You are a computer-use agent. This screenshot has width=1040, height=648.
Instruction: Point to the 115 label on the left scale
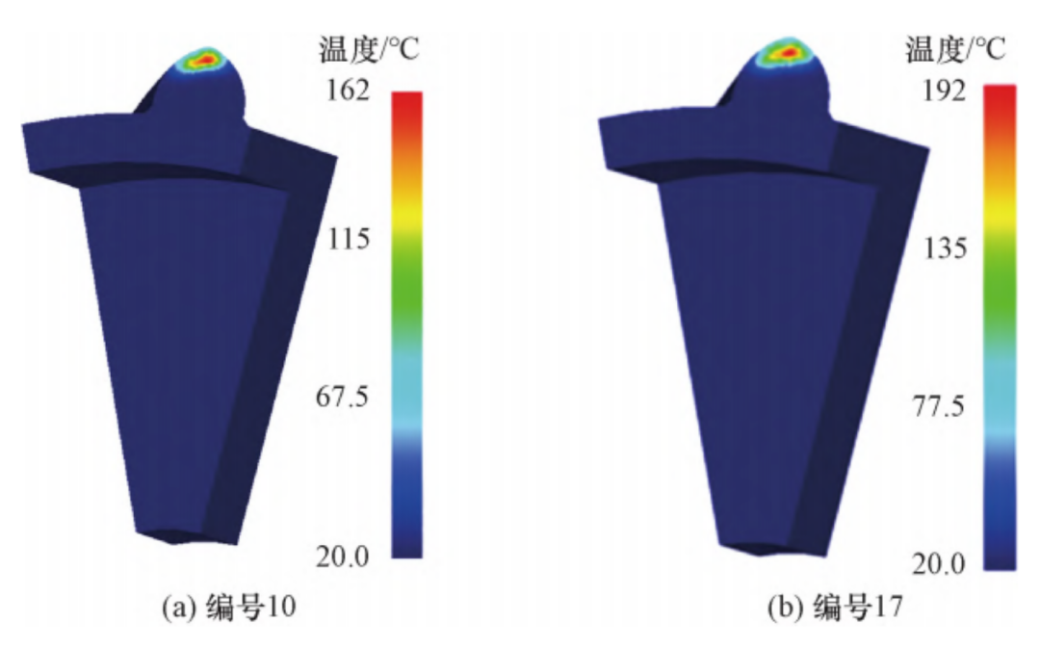coord(349,239)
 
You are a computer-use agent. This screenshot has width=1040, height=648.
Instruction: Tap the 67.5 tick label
coord(342,398)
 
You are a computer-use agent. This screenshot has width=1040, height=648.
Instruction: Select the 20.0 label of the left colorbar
coord(342,556)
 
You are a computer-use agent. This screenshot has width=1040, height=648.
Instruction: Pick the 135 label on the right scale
coord(946,248)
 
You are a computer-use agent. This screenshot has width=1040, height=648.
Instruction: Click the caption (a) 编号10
coord(229,607)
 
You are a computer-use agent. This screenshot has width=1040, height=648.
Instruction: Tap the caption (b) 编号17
coord(835,607)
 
